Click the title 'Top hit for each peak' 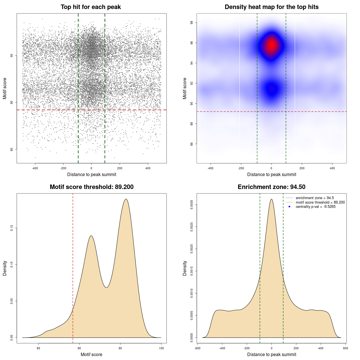[91, 7]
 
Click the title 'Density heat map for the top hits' [271, 7]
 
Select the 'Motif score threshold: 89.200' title [91, 187]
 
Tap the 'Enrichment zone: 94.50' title [271, 187]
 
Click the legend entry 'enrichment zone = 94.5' [314, 198]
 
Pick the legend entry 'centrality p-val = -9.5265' [315, 207]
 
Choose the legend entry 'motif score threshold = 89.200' [320, 202]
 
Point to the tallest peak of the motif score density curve [126, 199]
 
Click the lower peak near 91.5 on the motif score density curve [91, 236]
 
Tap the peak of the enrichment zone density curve [271, 199]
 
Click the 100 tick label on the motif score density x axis [161, 348]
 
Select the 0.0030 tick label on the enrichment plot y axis [192, 205]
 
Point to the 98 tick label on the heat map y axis [192, 23]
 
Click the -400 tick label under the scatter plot [35, 168]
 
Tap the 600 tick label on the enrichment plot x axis [345, 348]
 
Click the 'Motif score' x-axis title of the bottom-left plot [91, 354]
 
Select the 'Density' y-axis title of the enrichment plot [185, 268]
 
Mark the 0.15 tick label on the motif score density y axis [12, 228]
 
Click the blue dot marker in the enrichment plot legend [289, 207]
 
